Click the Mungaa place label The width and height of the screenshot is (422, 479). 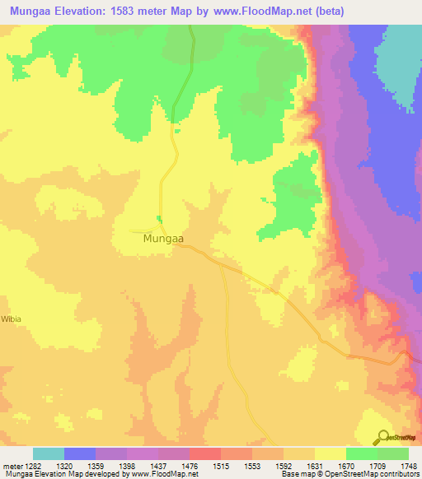[162, 239]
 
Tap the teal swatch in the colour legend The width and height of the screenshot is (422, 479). [49, 453]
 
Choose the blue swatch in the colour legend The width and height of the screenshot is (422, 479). [80, 453]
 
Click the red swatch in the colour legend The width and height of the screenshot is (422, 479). [205, 453]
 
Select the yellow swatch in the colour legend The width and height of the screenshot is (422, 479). [331, 453]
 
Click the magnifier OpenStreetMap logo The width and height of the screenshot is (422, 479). [382, 438]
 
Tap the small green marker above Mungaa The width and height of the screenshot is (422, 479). [158, 220]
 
